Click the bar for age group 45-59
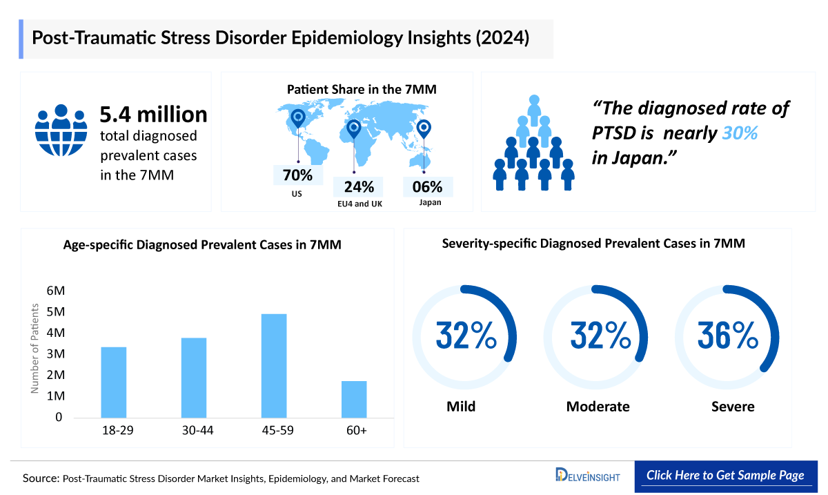274,365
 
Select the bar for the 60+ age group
354,399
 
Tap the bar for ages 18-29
114,382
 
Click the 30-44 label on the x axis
194,430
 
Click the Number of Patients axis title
34,354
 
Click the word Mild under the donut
461,407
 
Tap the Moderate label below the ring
598,407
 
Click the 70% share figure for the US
297,175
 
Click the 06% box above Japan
428,187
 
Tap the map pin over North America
298,119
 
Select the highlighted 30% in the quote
740,133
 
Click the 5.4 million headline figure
153,114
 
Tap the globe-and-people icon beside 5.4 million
61,132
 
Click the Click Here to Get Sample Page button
725,476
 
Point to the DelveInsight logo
588,476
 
